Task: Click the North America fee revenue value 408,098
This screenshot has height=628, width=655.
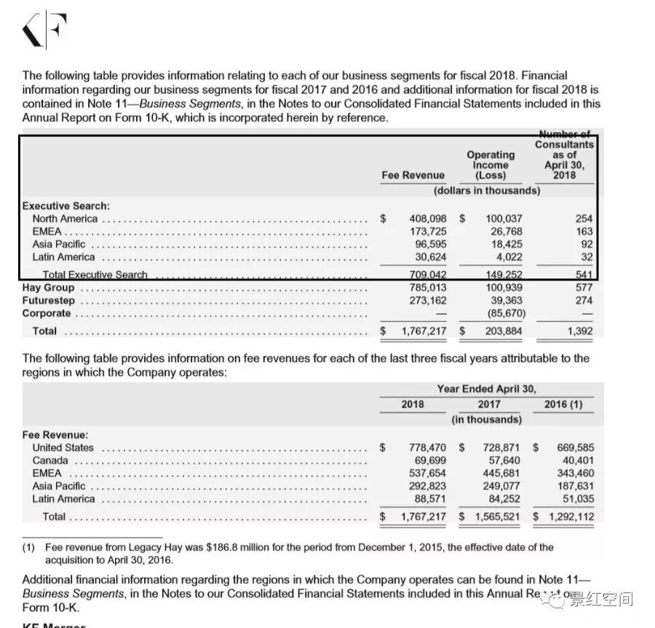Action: pos(426,219)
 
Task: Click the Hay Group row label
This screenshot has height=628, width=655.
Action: pos(48,288)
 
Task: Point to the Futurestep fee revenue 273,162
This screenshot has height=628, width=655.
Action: pos(427,300)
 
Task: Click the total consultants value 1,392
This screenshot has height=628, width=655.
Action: pos(579,331)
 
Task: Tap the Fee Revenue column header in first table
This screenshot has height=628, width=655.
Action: pos(413,175)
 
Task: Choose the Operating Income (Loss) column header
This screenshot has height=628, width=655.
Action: pos(491,165)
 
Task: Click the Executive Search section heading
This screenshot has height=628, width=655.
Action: pos(65,206)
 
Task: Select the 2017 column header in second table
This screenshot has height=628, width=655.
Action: pos(489,404)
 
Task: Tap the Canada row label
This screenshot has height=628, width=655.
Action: pos(50,460)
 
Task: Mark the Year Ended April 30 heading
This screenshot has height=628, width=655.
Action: pos(491,389)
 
